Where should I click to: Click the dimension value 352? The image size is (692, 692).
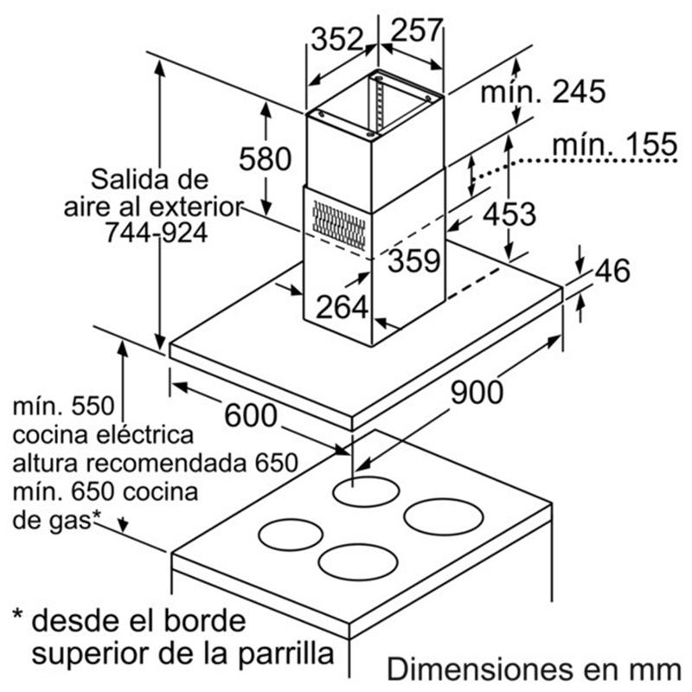336,40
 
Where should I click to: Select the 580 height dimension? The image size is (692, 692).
263,160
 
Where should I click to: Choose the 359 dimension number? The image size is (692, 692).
413,259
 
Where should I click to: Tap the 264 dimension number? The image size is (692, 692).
342,306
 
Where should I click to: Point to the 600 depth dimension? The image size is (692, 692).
251,416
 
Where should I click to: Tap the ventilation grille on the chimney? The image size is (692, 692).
338,224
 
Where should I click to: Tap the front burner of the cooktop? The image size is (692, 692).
357,561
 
